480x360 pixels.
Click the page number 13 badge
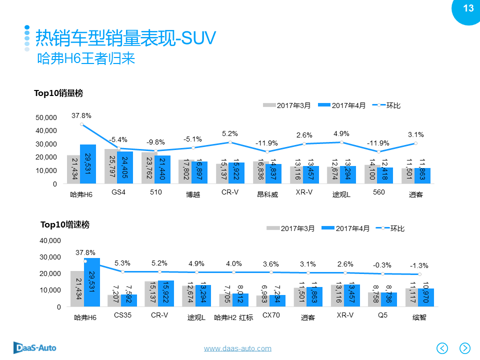(468, 8)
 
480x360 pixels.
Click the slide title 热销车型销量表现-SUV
(125, 37)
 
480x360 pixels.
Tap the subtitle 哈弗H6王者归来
(86, 59)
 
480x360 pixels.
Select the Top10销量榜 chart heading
(58, 93)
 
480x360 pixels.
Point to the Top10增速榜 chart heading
(65, 225)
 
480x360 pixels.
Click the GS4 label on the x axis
(118, 192)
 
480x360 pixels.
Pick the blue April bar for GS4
(125, 167)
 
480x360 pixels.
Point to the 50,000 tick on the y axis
(47, 117)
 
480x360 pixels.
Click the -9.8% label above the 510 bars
(155, 142)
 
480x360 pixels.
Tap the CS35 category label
(122, 315)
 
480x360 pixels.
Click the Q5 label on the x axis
(382, 315)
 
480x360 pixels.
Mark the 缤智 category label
(419, 317)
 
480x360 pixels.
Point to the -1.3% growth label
(419, 265)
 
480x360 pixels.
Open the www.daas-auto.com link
(237, 348)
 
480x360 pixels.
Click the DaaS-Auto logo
(35, 347)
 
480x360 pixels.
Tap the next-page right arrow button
(465, 348)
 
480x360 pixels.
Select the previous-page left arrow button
(442, 348)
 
